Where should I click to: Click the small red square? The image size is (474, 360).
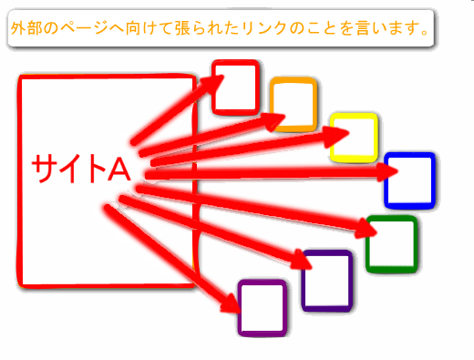(x=236, y=87)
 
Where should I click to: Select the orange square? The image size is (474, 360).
(x=293, y=105)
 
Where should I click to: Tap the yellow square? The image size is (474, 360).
(x=354, y=137)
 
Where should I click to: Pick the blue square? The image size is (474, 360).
(x=409, y=180)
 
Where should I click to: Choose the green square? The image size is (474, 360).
(x=391, y=243)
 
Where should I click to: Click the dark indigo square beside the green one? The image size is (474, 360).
(x=326, y=281)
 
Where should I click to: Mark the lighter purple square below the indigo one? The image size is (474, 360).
(x=263, y=308)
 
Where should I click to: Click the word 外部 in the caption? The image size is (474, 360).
(x=26, y=28)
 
